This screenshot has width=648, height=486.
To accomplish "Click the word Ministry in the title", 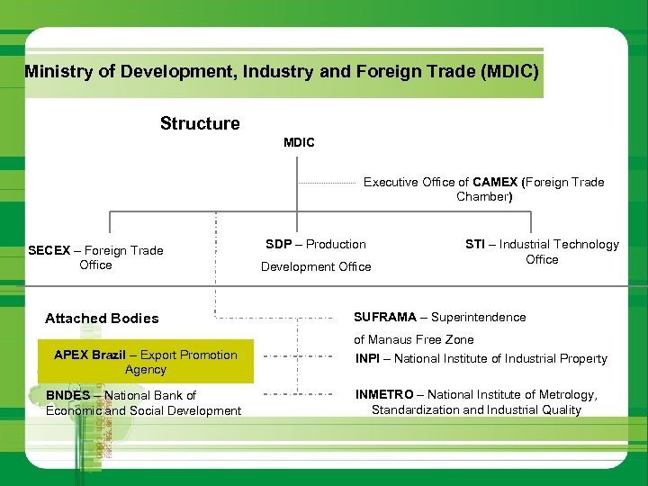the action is (58, 71).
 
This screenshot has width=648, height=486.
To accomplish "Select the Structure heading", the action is (200, 123).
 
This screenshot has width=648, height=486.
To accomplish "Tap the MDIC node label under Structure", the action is (299, 143).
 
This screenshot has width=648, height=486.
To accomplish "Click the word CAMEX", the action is (496, 182).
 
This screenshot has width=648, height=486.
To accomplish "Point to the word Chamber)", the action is (483, 196).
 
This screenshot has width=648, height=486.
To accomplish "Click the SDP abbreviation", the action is (278, 244).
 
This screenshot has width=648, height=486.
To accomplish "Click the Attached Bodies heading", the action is (102, 318).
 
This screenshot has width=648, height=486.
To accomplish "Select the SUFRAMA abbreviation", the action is (385, 317).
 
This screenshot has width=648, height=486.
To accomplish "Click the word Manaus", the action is (397, 339).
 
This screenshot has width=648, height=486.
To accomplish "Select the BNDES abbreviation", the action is (68, 395).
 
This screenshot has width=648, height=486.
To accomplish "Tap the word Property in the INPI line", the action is (581, 358).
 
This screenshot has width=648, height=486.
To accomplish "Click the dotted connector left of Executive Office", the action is (327, 183).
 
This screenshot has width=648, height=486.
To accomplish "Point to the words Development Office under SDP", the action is (316, 266).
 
